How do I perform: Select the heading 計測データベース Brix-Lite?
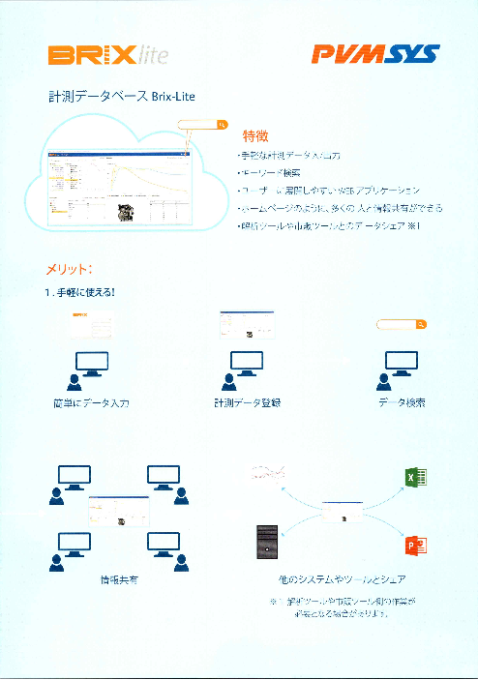[122, 98]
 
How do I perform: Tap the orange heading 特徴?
[255, 134]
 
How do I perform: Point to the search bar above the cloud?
[204, 125]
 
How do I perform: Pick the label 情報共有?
[117, 580]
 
